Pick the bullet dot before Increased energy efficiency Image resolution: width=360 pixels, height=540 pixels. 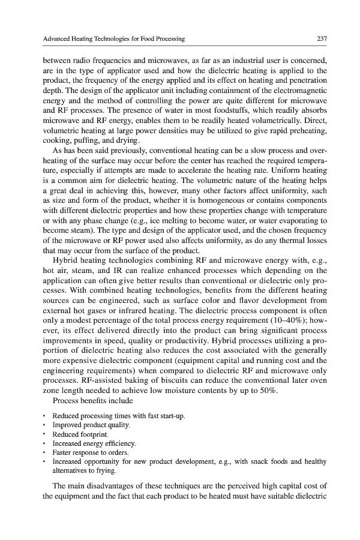[44, 443]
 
